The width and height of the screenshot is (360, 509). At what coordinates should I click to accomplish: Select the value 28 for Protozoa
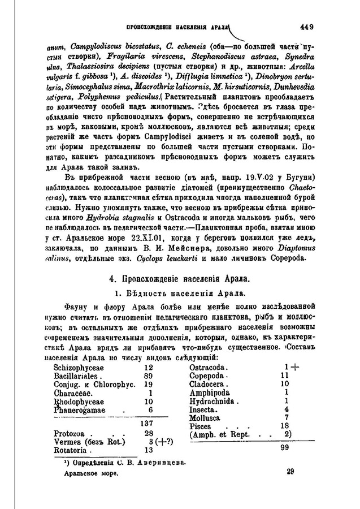(149, 433)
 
